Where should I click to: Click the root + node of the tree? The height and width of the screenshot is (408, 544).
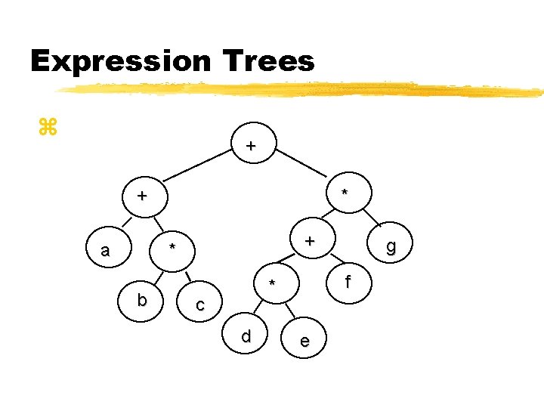[x=251, y=145]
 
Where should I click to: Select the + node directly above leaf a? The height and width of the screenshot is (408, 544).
[x=141, y=196]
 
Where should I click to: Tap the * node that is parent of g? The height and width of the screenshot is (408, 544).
[x=345, y=193]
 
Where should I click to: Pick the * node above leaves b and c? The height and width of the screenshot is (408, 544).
[x=172, y=248]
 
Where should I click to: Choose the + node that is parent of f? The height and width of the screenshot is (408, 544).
[x=309, y=241]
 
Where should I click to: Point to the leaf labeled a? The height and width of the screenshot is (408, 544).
[x=105, y=250]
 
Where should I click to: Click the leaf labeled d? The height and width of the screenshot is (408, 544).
[x=246, y=335]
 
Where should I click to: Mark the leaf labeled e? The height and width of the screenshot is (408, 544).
[x=304, y=341]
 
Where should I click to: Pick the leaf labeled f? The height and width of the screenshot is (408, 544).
[x=348, y=283]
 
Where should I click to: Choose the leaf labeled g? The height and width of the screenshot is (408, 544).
[x=390, y=246]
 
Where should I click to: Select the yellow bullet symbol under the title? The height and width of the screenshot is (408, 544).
[x=47, y=127]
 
